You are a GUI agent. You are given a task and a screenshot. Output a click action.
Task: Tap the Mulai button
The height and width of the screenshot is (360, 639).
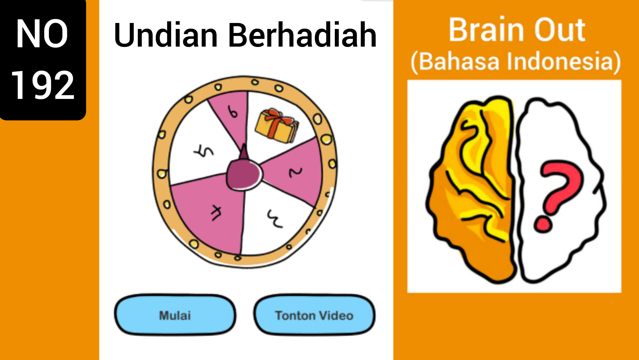(x=175, y=315)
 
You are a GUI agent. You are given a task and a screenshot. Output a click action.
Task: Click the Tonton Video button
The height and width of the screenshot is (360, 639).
(x=315, y=315)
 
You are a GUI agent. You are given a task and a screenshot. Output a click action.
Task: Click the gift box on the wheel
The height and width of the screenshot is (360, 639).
(x=277, y=126)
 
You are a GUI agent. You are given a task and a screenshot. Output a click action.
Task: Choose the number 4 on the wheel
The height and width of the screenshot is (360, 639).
(x=217, y=212)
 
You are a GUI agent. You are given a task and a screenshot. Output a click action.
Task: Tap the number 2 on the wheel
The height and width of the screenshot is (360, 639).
(x=295, y=172)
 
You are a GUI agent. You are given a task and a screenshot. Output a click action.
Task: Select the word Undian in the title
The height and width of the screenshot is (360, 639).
(x=166, y=35)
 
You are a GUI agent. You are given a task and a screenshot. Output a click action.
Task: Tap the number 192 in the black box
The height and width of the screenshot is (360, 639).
(x=43, y=85)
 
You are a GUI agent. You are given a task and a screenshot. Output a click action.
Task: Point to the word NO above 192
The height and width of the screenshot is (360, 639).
(x=42, y=34)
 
